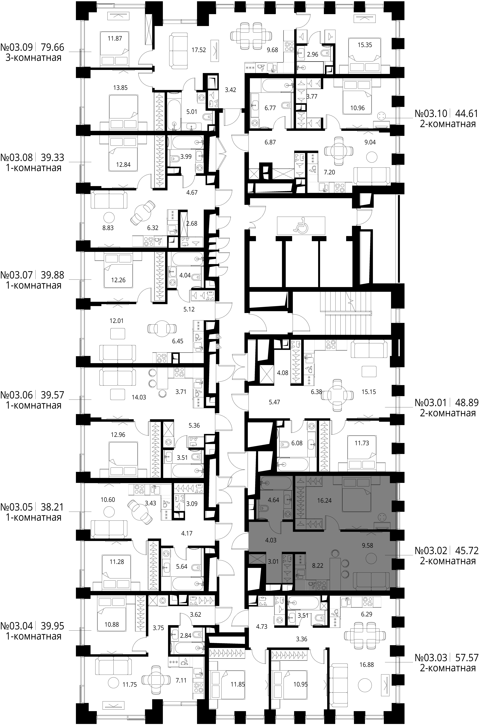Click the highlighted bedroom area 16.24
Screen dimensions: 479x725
point(324,501)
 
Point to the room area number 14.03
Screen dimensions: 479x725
point(139,397)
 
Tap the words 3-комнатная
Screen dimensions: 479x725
point(34,58)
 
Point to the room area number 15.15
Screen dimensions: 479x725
point(369,392)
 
